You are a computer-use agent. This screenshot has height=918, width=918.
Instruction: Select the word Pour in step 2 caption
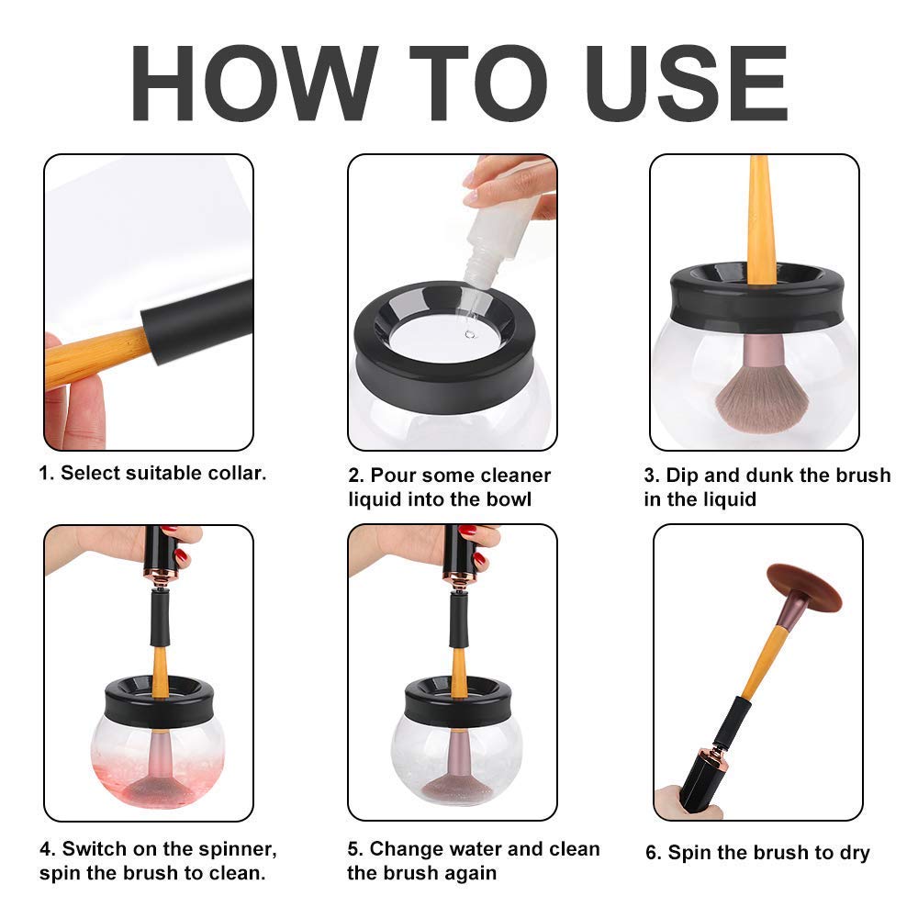coord(395,476)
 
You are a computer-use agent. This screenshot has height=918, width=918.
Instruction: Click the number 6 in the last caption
coord(653,854)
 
